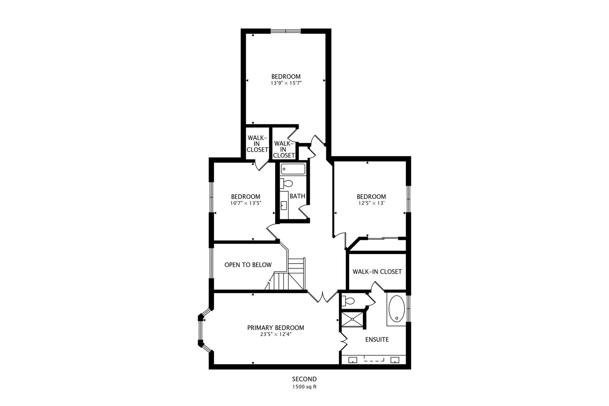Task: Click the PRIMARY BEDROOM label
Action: tap(276, 328)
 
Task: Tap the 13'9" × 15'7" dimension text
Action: tap(286, 83)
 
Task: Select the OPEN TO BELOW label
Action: tap(248, 265)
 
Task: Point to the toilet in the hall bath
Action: tap(287, 184)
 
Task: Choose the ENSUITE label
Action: tap(377, 340)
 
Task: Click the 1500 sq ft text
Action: tap(304, 386)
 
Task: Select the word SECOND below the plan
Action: tap(304, 379)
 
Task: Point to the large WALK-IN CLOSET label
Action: tap(377, 272)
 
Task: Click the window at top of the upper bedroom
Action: tap(286, 31)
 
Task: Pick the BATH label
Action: tap(297, 196)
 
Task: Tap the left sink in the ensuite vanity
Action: tap(353, 360)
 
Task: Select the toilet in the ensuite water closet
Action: tap(348, 301)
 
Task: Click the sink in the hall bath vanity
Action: tap(284, 205)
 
